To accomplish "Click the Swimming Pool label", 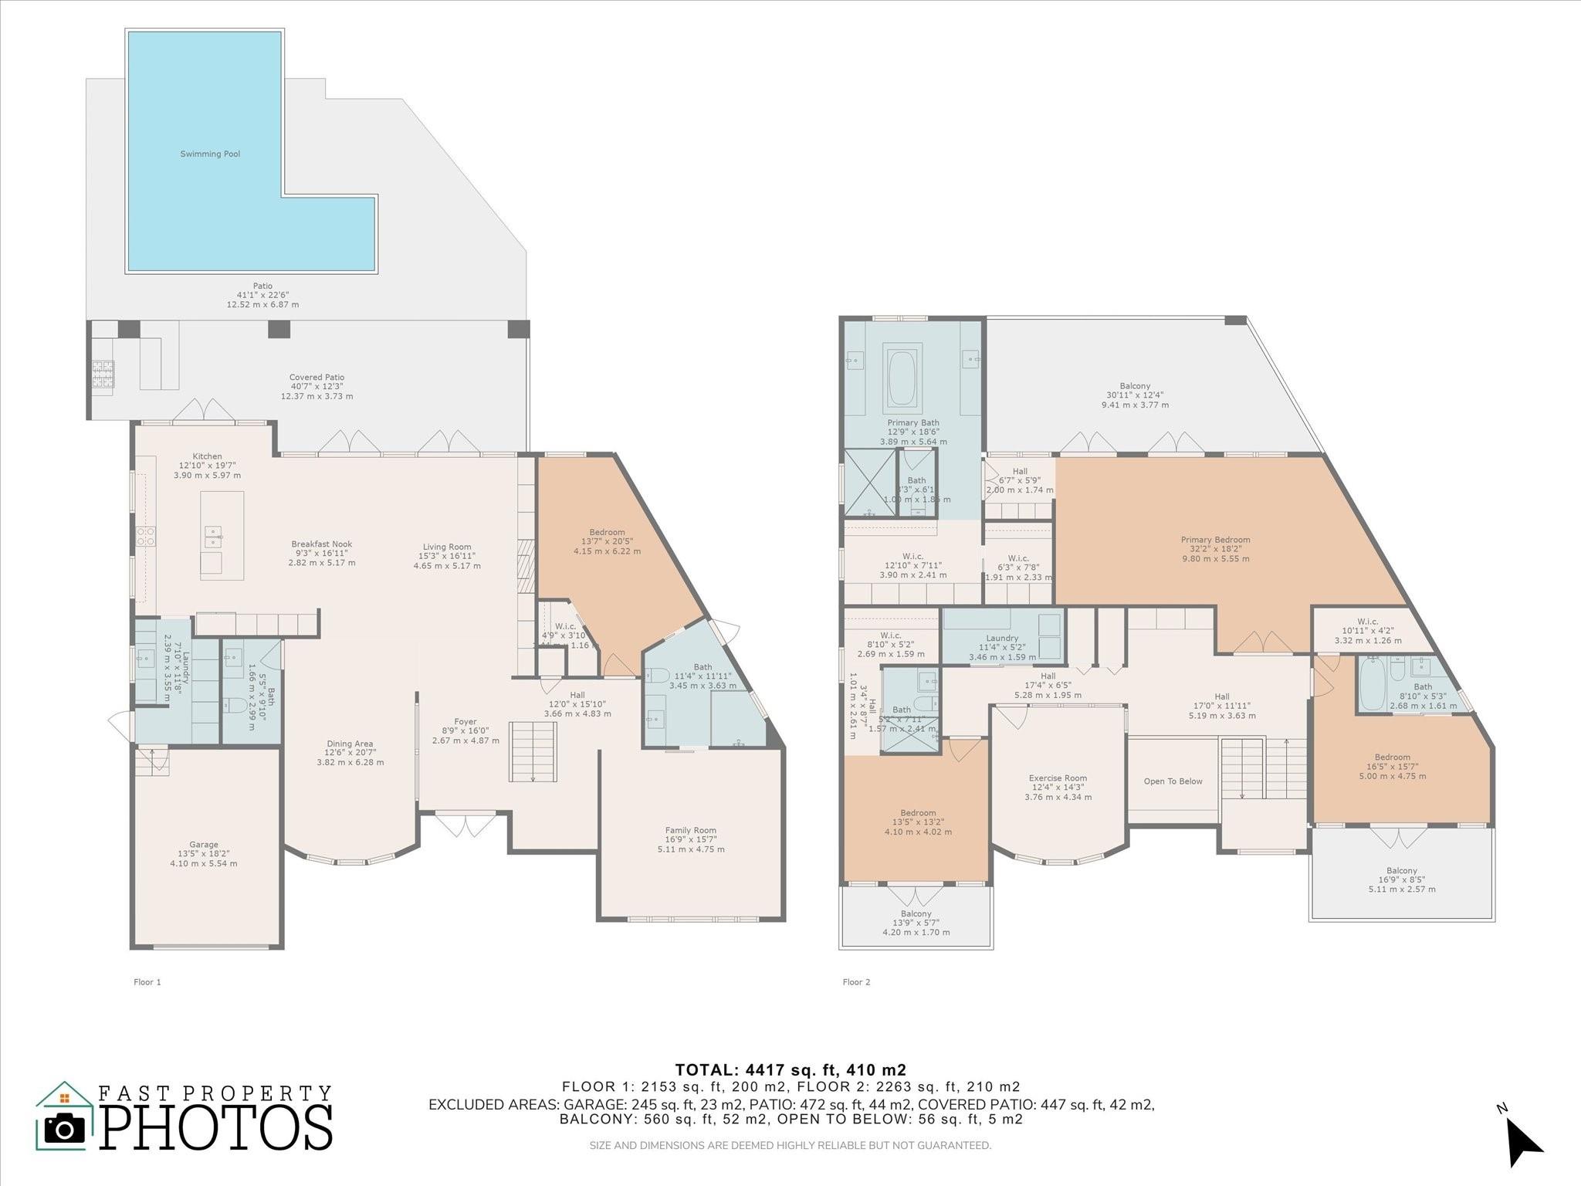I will click(210, 154).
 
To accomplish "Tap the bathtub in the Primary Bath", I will click(902, 379).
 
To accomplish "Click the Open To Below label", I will click(1173, 781).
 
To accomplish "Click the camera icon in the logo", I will click(65, 1130).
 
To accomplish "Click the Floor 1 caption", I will click(147, 982).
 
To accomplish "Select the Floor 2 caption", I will click(856, 982).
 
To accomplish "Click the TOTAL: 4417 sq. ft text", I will click(790, 1070).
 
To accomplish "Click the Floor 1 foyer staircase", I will click(533, 751).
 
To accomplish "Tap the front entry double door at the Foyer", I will click(464, 825).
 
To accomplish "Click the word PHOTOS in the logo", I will click(215, 1130).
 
